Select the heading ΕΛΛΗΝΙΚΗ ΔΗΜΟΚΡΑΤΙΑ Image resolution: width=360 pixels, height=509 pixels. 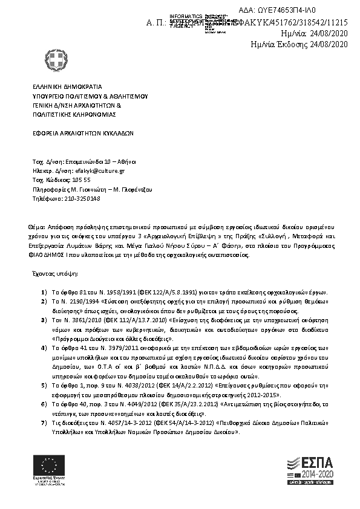(67, 87)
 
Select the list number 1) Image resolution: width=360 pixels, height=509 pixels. (45, 292)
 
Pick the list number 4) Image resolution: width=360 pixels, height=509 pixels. (45, 349)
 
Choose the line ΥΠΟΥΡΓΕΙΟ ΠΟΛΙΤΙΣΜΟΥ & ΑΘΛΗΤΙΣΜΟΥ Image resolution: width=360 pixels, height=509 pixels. (90, 96)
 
